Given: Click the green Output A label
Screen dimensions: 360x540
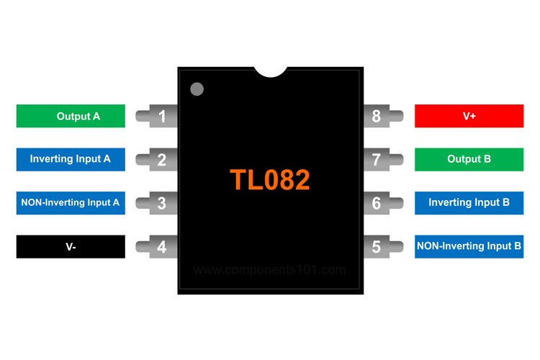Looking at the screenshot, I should (71, 116).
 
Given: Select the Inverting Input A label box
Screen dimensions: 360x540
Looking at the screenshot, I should (71, 159).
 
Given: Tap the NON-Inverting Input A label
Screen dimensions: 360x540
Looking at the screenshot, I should (71, 203).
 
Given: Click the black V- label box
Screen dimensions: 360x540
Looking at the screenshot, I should (71, 247).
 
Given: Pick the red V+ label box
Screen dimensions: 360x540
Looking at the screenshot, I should (469, 116).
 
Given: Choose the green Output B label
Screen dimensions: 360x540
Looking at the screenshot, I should (469, 159).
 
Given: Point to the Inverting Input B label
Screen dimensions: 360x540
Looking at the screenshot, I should (469, 203).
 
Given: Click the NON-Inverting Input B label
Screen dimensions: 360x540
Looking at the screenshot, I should (469, 246).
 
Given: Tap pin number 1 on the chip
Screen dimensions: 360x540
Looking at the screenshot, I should (162, 116).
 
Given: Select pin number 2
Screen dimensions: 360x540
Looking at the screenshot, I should (162, 159).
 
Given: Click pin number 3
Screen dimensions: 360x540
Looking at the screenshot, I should (162, 203).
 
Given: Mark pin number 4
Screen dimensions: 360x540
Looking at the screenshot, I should (162, 247).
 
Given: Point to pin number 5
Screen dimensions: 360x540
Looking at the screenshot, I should (377, 247).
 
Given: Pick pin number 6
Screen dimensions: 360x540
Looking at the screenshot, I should (377, 203).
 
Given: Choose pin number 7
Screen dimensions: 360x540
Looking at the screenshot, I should (377, 159).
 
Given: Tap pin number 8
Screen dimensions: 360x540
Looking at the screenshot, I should (377, 116).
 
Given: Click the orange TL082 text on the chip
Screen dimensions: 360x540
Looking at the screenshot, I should (270, 180).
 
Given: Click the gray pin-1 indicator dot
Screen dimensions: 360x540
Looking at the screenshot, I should (197, 89).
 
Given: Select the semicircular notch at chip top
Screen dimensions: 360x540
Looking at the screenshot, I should (270, 71).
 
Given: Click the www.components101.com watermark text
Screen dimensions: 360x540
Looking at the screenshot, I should (270, 271).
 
